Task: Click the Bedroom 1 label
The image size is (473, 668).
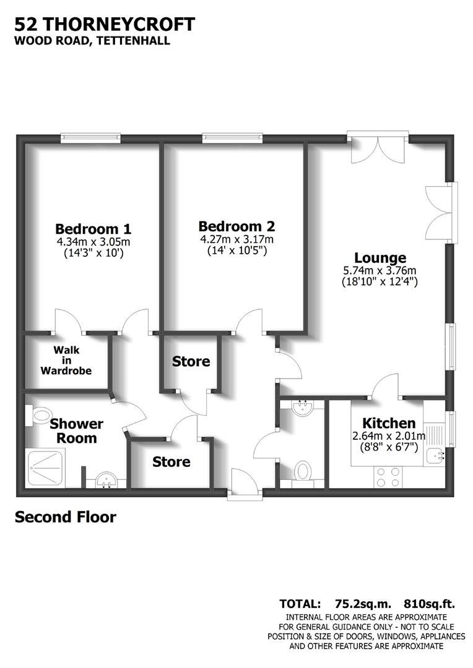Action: (x=93, y=228)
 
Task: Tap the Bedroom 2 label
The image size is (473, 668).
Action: (x=236, y=226)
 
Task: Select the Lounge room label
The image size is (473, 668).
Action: (x=380, y=258)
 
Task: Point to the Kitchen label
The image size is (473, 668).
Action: (x=388, y=424)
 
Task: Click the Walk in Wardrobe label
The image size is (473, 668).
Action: (x=66, y=361)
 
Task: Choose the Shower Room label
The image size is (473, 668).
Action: (x=76, y=431)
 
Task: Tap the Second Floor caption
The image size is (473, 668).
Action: (x=65, y=516)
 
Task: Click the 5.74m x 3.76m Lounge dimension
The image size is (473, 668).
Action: (x=380, y=270)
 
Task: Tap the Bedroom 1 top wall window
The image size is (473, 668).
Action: (x=90, y=137)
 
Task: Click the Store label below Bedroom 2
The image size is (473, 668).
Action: (x=191, y=361)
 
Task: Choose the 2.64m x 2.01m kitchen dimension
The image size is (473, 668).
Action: (x=388, y=436)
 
